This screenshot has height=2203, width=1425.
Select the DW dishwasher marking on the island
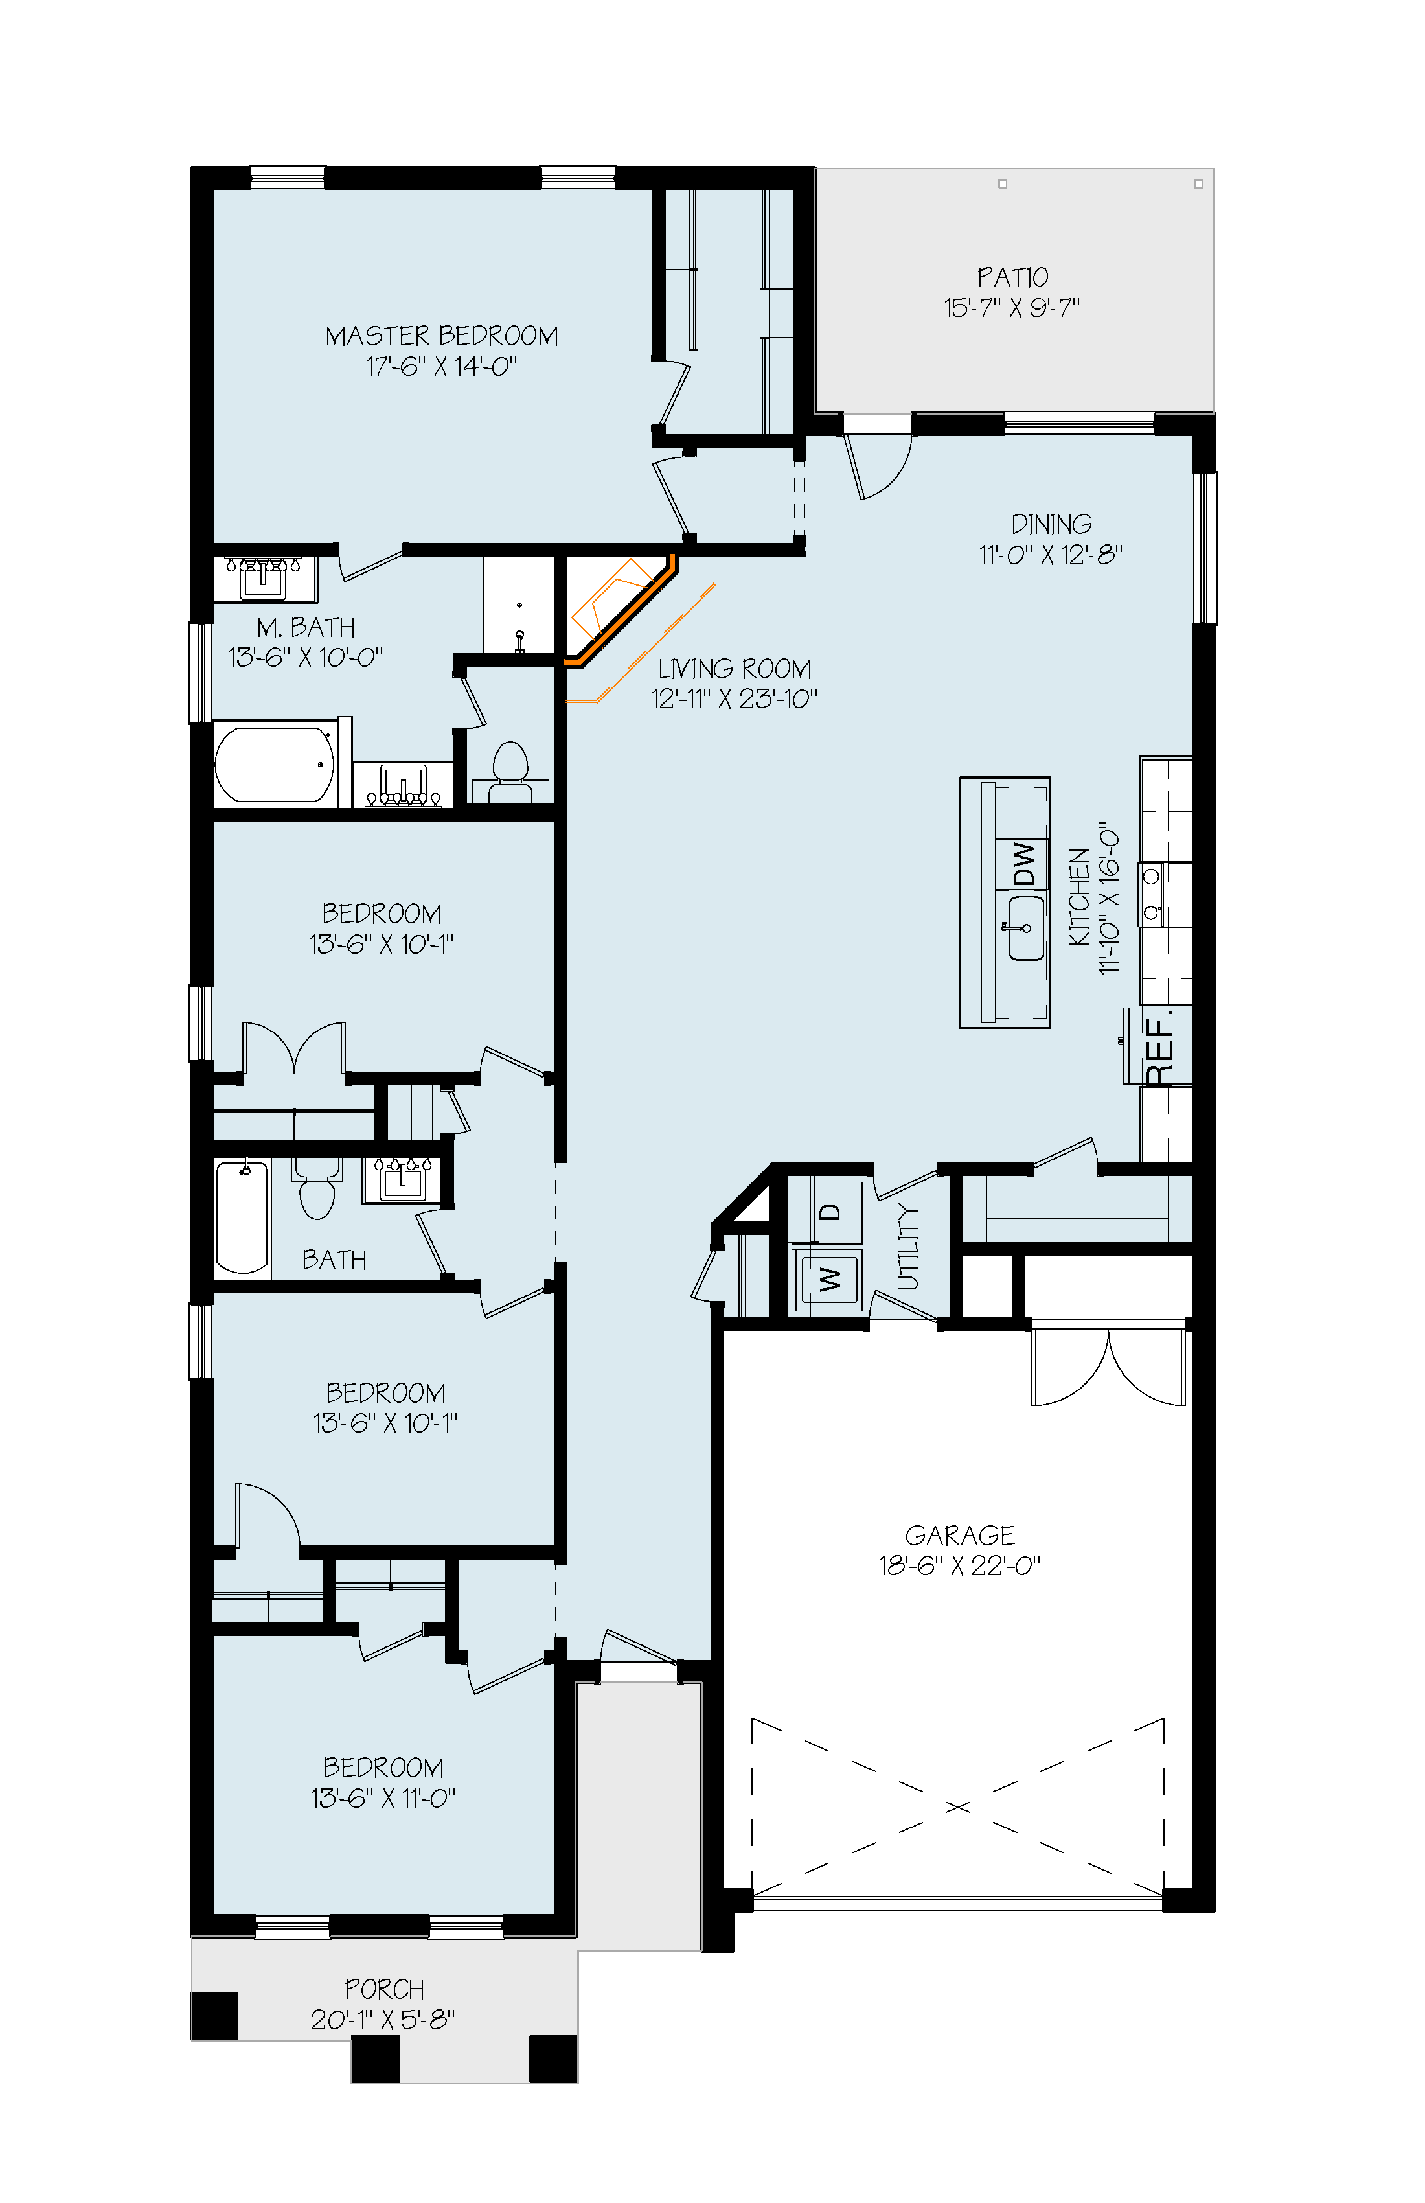tap(1023, 864)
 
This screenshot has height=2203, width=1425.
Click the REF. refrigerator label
tap(1159, 1048)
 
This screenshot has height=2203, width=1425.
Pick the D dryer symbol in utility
tap(829, 1212)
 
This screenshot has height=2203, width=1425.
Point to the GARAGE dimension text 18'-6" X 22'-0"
tap(959, 1565)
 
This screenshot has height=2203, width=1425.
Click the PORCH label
tap(384, 1989)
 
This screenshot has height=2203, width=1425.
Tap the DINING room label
tap(1051, 524)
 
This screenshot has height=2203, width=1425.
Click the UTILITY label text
tap(909, 1246)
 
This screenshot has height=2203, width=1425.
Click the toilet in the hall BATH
tap(317, 1190)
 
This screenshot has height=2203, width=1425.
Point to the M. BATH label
tap(305, 628)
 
